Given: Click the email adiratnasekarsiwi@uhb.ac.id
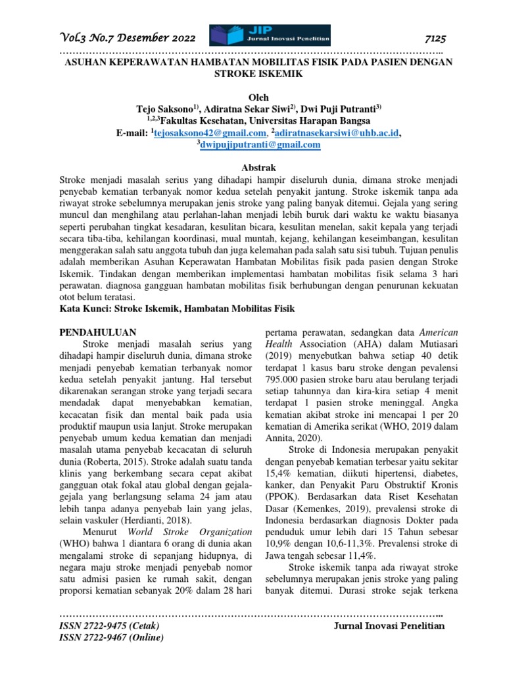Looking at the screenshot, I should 337,132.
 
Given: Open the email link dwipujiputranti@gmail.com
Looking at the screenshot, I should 252,145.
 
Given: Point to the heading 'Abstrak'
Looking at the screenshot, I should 252,168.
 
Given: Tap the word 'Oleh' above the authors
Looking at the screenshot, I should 252,96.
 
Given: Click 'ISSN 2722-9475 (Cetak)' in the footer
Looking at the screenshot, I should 105,625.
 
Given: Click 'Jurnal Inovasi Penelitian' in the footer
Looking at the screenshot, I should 390,625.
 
